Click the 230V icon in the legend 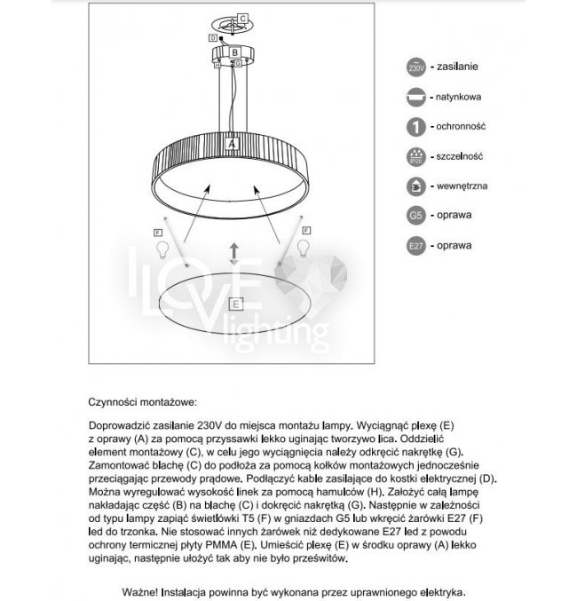[x=415, y=67]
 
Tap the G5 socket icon [x=415, y=215]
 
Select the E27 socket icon [x=415, y=245]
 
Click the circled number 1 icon [x=415, y=126]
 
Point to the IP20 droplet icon [x=415, y=155]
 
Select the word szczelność [x=459, y=156]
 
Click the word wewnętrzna [x=462, y=186]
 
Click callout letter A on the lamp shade [x=231, y=142]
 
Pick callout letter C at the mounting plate [x=242, y=18]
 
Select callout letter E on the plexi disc [x=235, y=304]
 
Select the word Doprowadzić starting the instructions [x=122, y=425]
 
